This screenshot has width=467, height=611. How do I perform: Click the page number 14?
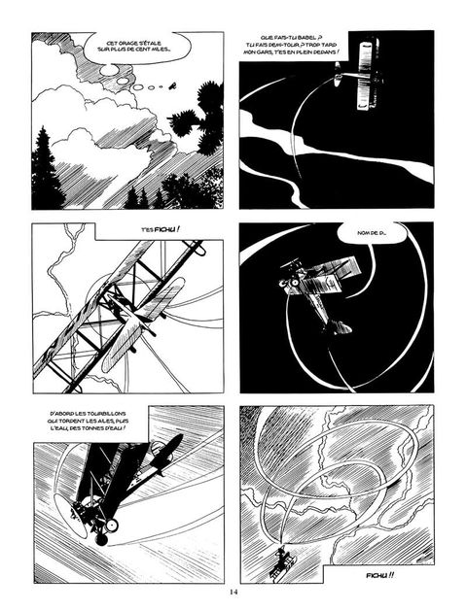[233, 592]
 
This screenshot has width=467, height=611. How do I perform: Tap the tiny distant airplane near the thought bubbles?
[171, 86]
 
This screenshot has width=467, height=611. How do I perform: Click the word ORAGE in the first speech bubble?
[124, 44]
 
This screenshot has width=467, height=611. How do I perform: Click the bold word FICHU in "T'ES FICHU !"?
[164, 229]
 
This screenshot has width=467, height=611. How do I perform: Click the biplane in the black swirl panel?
[317, 291]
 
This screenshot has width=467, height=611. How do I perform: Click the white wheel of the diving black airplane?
[112, 525]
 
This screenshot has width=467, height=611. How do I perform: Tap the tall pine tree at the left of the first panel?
[46, 167]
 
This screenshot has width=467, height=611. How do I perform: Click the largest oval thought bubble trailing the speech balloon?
[108, 70]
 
